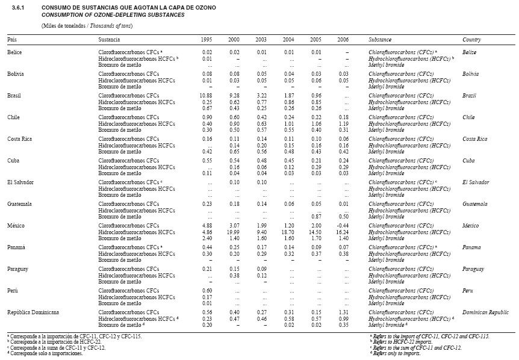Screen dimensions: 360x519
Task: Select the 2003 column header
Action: [x=262, y=39]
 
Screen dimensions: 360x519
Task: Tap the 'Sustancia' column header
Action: [x=110, y=39]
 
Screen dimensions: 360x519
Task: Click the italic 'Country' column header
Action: [x=471, y=39]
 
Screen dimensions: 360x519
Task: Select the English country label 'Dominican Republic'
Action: [x=482, y=312]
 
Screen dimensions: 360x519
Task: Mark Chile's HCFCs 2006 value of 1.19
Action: [x=344, y=123]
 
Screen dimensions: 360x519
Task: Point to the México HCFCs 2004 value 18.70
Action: [x=288, y=231]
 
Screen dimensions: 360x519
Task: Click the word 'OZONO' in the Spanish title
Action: [x=200, y=8]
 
